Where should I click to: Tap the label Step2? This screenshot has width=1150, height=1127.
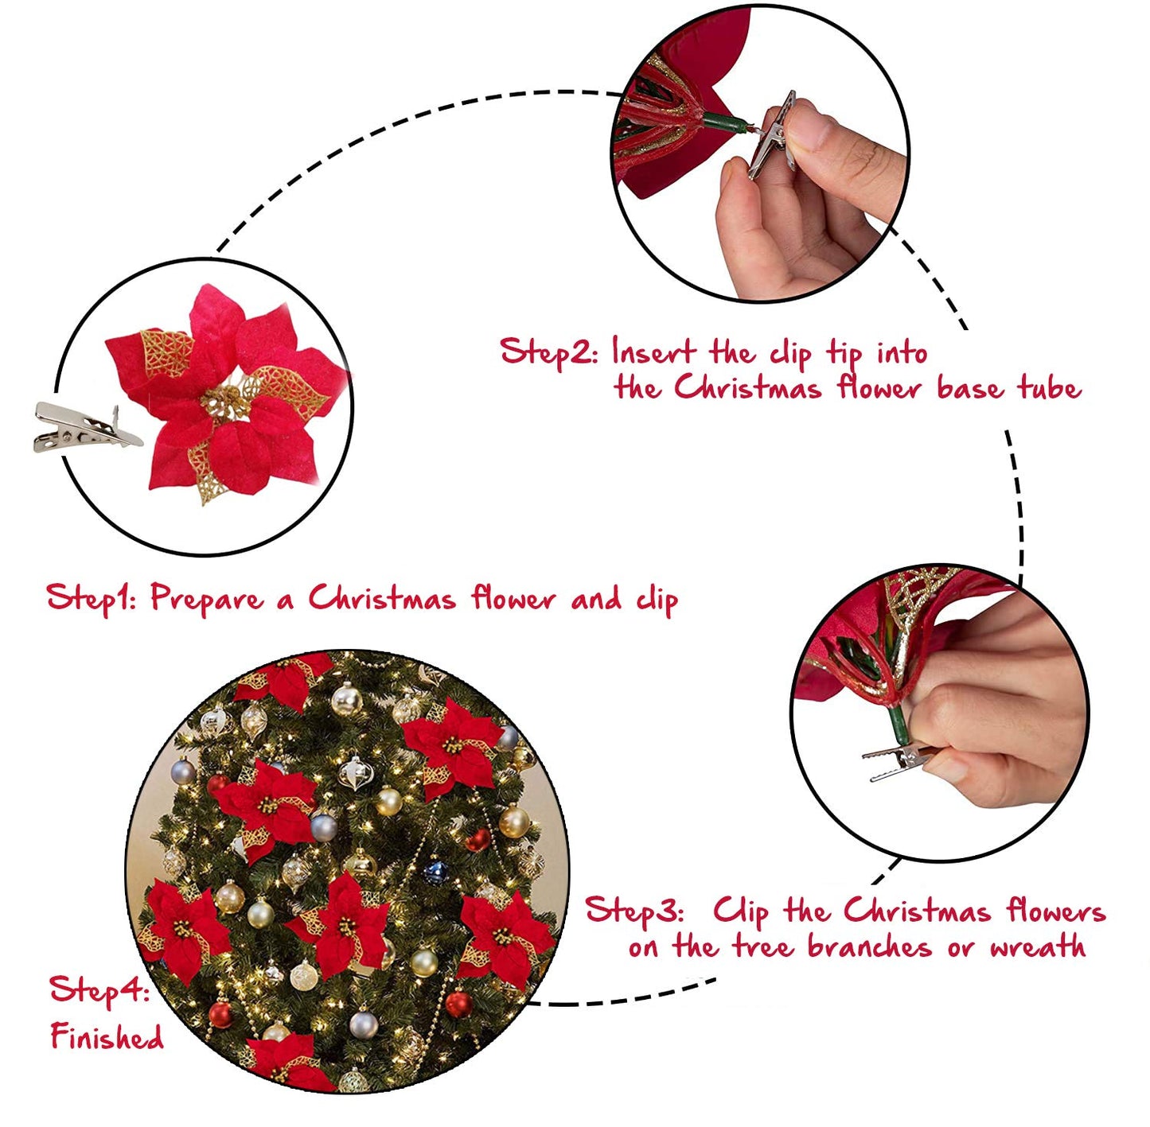[548, 352]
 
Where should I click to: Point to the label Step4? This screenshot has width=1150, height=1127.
[100, 991]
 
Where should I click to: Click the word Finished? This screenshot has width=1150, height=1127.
[107, 1037]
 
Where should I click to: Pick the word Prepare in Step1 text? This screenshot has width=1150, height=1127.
[207, 598]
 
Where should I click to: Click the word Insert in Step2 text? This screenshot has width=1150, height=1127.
[653, 352]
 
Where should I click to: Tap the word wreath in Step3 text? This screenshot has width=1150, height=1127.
[1038, 947]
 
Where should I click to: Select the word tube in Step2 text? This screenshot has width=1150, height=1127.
[1050, 388]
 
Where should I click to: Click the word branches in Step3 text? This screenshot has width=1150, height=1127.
[869, 947]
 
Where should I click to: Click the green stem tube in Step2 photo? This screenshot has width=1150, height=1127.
[726, 122]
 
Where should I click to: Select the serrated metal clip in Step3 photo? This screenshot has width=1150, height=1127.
[899, 761]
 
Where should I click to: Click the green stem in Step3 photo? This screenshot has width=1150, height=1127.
[899, 724]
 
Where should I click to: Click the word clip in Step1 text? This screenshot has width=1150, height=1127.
[657, 600]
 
